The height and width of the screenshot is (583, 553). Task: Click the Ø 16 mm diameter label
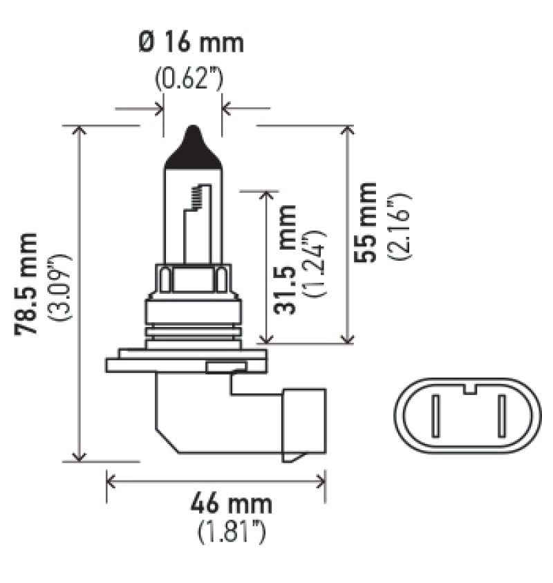pos(191,43)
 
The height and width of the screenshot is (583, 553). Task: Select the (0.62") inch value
pos(188,79)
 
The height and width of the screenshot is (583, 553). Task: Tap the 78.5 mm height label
pos(26,284)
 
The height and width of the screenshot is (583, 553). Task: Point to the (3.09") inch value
pos(61,287)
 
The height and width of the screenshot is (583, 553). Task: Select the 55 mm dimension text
pos(365,222)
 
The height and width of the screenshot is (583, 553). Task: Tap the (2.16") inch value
pos(400,225)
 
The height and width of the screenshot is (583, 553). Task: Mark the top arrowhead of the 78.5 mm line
pos(80,131)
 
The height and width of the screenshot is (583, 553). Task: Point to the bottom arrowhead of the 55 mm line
pos(348,337)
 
